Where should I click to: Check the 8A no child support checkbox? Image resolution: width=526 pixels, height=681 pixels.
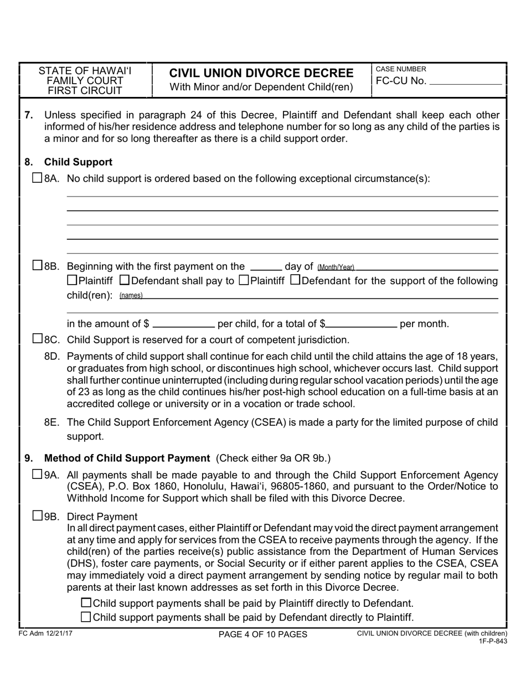pos(37,178)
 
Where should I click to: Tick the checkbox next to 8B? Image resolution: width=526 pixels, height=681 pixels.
pos(37,266)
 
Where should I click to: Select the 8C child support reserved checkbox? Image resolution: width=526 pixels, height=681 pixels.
pos(37,338)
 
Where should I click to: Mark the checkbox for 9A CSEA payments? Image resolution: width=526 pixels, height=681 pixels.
pos(37,474)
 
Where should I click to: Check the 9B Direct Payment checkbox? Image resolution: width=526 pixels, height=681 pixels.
pos(37,516)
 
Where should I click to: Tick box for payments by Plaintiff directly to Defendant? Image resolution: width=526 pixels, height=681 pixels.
pos(86,603)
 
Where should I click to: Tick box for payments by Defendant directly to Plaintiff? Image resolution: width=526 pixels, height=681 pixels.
pos(86,617)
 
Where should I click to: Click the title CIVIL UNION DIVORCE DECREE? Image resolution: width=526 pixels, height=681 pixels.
pos(261,73)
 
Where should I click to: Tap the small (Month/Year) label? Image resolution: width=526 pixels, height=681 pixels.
pos(336,267)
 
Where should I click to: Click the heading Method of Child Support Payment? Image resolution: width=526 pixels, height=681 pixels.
pos(127,458)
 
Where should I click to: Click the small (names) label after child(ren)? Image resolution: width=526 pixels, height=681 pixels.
pos(131,296)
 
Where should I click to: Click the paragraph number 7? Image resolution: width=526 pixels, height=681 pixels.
pos(29,115)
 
